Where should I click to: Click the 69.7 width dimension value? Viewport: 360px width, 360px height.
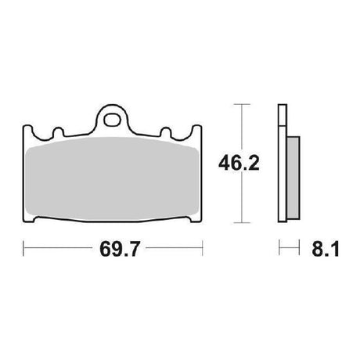pyautogui.click(x=120, y=249)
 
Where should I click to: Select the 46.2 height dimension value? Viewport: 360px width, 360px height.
pyautogui.click(x=239, y=164)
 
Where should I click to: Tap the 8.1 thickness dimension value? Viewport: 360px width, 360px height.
pyautogui.click(x=326, y=249)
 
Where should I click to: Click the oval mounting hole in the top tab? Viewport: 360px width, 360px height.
pyautogui.click(x=112, y=120)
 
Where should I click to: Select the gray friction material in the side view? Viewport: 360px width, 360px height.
pyautogui.click(x=293, y=178)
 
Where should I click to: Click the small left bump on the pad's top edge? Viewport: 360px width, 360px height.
pyautogui.click(x=59, y=132)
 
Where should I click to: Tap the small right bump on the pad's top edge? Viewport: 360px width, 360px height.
pyautogui.click(x=165, y=132)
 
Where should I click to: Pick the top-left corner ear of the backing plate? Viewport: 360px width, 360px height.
pyautogui.click(x=27, y=130)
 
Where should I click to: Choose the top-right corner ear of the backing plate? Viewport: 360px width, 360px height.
pyautogui.click(x=197, y=130)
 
